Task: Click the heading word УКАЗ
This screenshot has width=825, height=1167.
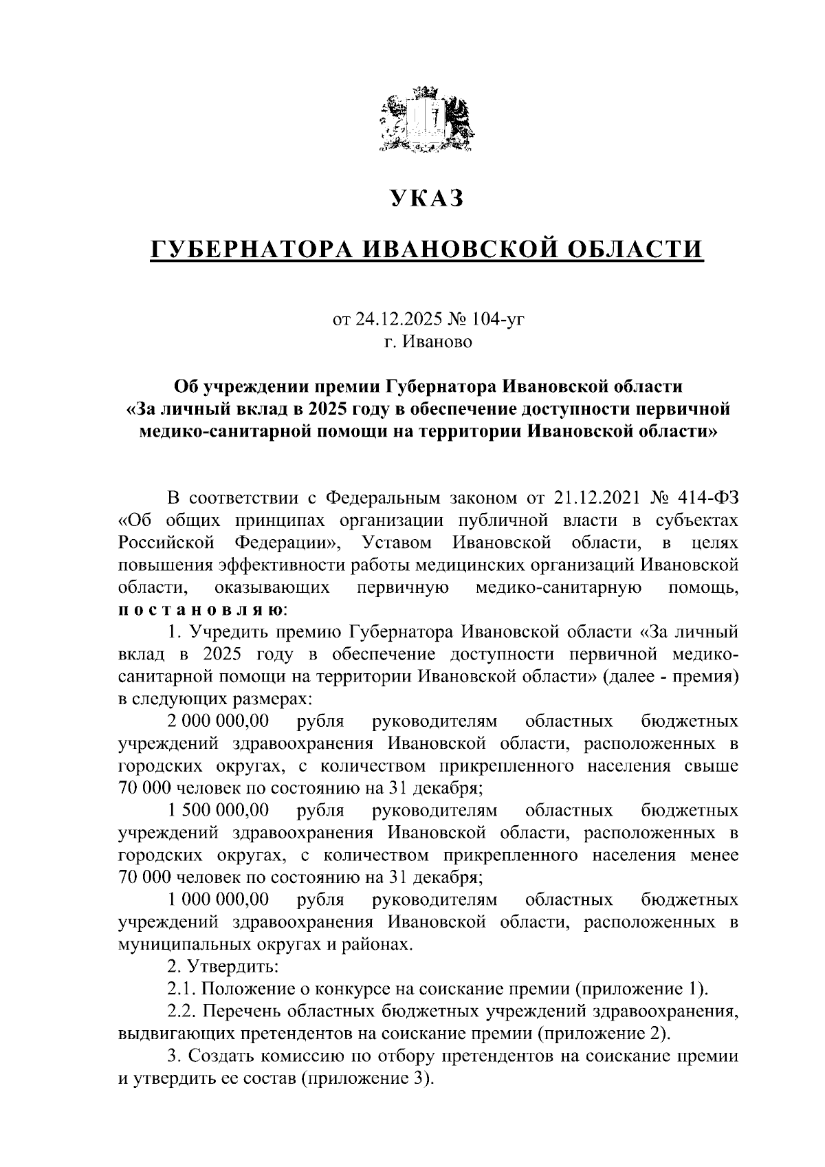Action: point(427,199)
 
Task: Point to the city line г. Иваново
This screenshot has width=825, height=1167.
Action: point(428,342)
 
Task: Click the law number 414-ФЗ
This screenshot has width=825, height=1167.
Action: point(708,497)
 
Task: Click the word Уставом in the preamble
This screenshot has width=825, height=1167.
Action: point(397,543)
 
